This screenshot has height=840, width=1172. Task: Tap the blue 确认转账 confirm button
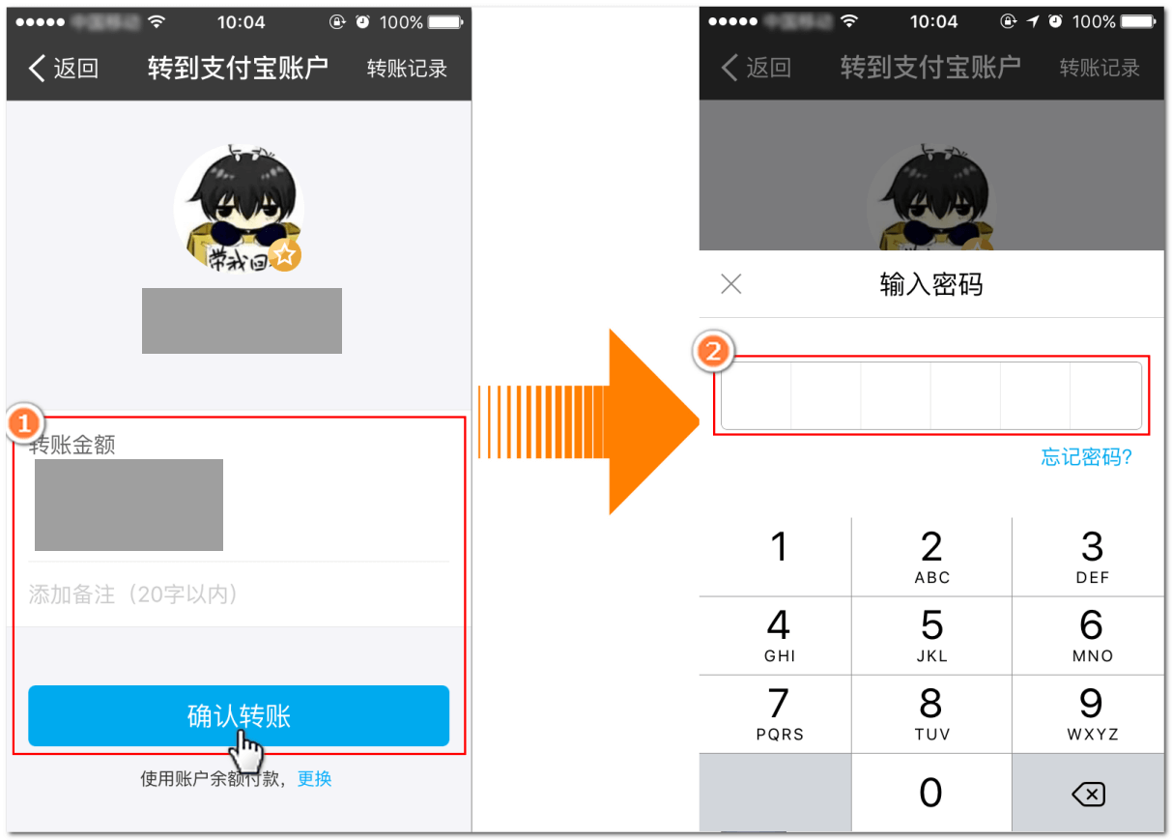(x=238, y=716)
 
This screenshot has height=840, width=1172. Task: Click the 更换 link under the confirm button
(x=314, y=779)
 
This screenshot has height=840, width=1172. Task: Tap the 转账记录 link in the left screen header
(x=407, y=69)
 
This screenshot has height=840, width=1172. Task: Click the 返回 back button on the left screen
(x=64, y=69)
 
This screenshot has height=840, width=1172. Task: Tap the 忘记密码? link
(x=1086, y=457)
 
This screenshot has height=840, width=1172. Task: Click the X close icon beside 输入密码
(x=731, y=284)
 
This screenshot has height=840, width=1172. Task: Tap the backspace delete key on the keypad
(x=1088, y=795)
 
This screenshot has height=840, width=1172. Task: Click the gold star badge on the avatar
(x=285, y=255)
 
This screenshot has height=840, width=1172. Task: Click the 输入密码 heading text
(x=930, y=284)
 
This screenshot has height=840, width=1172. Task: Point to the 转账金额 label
(x=72, y=445)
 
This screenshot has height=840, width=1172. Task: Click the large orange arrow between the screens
(x=638, y=420)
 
